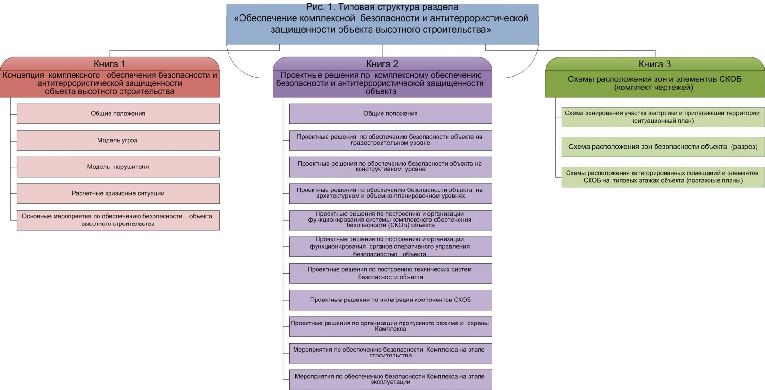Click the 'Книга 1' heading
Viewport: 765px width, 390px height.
click(109, 64)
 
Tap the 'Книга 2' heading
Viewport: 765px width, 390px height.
click(382, 64)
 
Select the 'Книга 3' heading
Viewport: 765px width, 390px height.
click(655, 64)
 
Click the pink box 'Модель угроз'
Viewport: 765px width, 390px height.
click(118, 140)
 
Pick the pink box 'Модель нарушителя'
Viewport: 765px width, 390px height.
click(118, 167)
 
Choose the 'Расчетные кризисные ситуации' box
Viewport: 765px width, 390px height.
click(118, 193)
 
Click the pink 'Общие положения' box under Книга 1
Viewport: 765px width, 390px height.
click(118, 114)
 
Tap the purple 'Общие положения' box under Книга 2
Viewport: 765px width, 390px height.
click(390, 114)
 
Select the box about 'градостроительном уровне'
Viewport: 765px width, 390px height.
click(390, 140)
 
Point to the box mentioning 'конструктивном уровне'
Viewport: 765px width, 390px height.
click(390, 167)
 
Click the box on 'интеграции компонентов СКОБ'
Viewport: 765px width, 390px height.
click(390, 300)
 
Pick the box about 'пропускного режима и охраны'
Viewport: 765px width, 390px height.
click(390, 326)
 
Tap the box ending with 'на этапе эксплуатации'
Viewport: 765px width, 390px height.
click(390, 379)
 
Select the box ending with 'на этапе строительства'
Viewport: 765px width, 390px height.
click(390, 353)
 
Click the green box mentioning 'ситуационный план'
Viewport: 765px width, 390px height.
click(663, 117)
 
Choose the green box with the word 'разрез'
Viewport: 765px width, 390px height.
click(663, 147)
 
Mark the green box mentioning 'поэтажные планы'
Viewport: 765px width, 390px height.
click(663, 177)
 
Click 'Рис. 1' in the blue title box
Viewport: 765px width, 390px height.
click(322, 7)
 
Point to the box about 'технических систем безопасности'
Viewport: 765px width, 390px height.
click(390, 273)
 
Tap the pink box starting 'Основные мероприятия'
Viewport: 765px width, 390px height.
click(118, 220)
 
